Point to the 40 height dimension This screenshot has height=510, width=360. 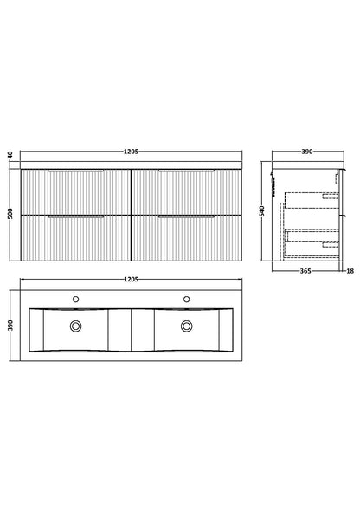10,155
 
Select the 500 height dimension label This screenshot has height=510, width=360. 10,213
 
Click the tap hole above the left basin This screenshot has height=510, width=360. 75,300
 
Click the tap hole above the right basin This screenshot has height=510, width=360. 186,300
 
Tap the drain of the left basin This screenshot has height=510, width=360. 75,326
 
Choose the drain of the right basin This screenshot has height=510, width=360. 186,326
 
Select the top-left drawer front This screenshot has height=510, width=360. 75,191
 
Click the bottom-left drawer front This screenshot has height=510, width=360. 75,237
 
